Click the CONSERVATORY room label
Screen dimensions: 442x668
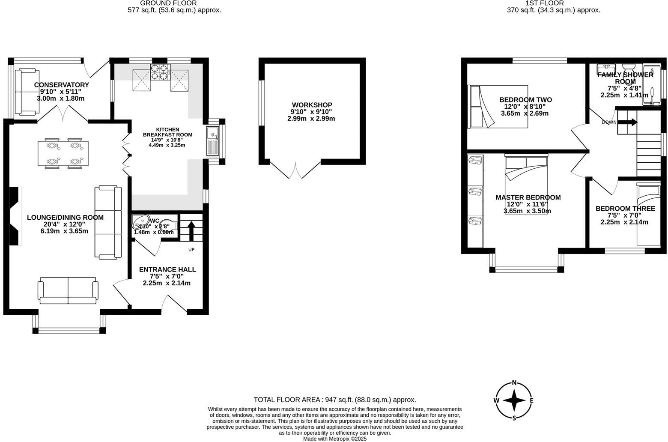pos(62,85)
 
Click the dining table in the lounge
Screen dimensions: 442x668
pos(63,153)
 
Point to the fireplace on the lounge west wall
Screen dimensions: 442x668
pos(15,216)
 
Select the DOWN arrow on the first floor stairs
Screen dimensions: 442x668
pos(627,122)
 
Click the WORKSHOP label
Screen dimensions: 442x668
pos(312,105)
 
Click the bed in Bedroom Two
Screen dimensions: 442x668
pos(499,106)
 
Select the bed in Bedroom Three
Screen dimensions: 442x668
pos(648,214)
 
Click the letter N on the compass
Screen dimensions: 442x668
pos(514,383)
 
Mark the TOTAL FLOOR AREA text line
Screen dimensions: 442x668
pos(334,400)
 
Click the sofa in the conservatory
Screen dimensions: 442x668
pos(26,92)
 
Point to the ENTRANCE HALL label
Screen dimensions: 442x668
pos(167,269)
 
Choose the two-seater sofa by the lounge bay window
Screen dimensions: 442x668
pos(68,290)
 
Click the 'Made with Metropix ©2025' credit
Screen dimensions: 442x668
pos(335,439)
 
